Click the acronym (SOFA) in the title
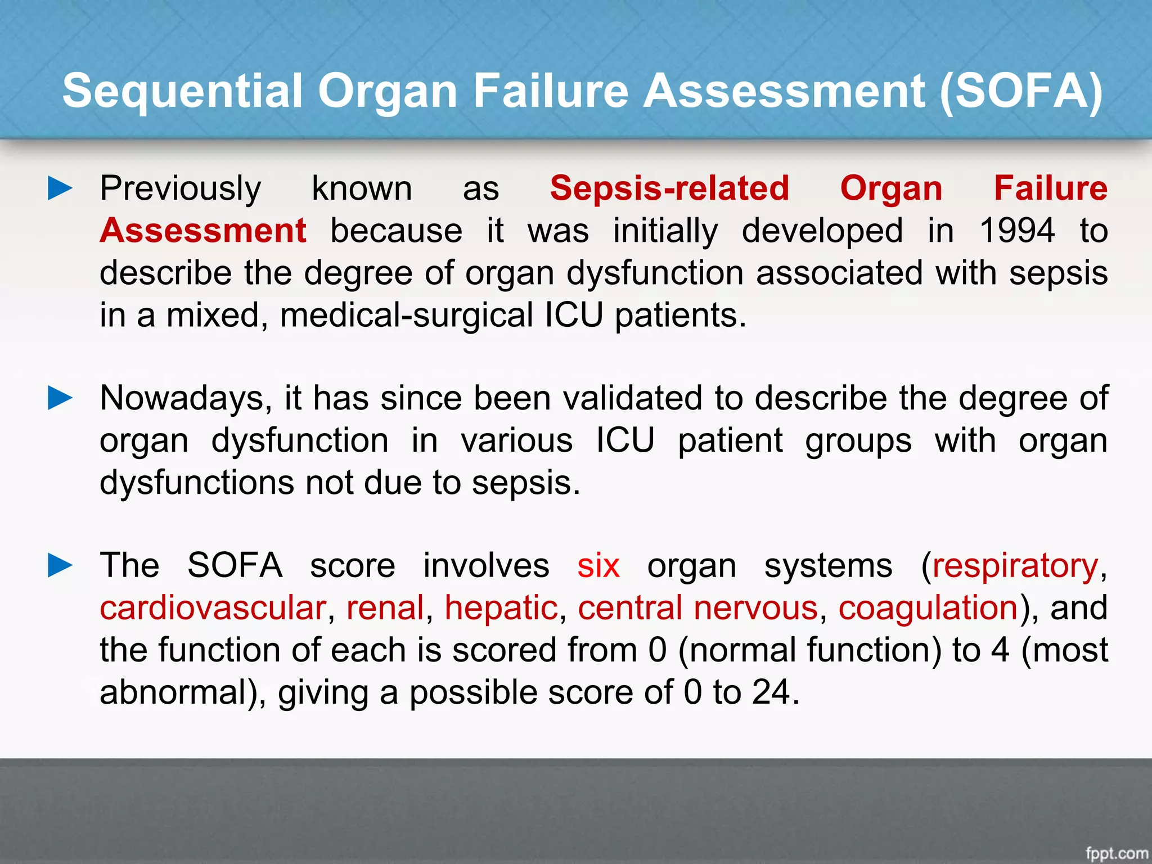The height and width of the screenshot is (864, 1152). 1021,92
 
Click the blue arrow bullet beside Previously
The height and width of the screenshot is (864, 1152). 60,188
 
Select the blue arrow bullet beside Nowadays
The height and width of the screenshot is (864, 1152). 60,398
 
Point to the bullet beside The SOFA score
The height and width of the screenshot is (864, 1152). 60,565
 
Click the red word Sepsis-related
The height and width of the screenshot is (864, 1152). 669,188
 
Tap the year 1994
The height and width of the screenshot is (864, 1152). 1017,231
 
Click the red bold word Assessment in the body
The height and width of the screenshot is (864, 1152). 203,231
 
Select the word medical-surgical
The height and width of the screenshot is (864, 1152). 406,315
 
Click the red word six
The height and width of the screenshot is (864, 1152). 598,565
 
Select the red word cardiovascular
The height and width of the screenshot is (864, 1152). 213,608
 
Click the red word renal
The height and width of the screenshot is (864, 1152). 385,608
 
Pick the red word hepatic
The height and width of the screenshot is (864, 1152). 501,608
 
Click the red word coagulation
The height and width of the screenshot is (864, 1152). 928,608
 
